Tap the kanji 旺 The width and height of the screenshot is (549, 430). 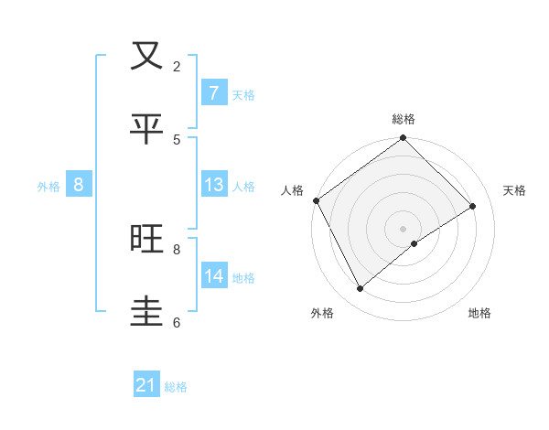[x=146, y=239]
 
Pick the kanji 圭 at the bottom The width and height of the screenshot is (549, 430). [x=146, y=312]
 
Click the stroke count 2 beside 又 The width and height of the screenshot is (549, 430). [x=177, y=66]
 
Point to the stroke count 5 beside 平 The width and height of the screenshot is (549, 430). [x=177, y=139]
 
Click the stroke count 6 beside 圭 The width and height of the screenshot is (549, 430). [x=177, y=322]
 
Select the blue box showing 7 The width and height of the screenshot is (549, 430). [x=213, y=93]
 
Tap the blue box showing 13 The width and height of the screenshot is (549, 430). [x=214, y=185]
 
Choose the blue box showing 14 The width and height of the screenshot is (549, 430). [x=214, y=276]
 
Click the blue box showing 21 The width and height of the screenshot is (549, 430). [x=146, y=386]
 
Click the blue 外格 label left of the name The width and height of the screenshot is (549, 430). [x=48, y=186]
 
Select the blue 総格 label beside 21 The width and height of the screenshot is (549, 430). [x=176, y=387]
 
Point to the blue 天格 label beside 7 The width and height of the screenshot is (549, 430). [x=243, y=94]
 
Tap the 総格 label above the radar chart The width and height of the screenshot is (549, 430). [x=404, y=119]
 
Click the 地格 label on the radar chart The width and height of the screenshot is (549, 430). [x=479, y=313]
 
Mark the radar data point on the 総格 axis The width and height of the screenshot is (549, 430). [x=404, y=139]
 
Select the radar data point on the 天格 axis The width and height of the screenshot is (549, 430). [x=473, y=206]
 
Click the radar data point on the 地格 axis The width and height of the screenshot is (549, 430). [x=414, y=243]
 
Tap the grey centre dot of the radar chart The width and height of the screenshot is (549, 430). [x=404, y=228]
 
